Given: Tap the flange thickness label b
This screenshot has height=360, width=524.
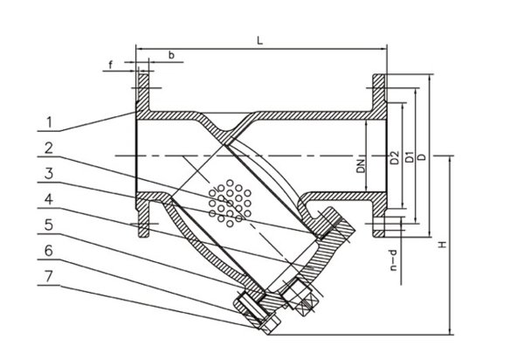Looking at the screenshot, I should point(170,55).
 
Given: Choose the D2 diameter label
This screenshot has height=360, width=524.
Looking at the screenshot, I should point(396,157).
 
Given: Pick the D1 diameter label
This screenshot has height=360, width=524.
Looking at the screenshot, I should point(410,157).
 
